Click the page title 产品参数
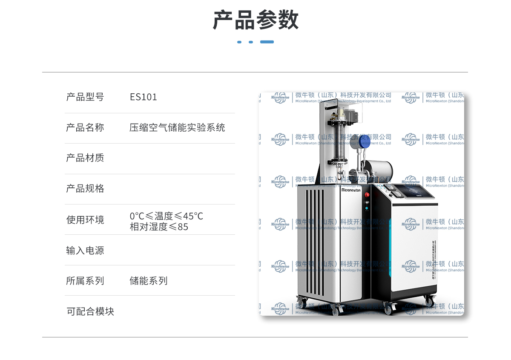pos(255,20)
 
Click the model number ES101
pos(144,97)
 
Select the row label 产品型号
pos(85,97)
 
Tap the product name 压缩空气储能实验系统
pos(177,127)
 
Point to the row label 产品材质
pos(85,158)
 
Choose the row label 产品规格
pos(85,189)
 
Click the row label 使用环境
pos(85,220)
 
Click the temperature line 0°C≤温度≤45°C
pos(166,216)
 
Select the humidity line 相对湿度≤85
pos(159,227)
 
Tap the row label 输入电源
pos(85,251)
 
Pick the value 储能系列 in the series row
pos(149,281)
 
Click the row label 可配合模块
pos(90,311)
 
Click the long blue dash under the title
pos(267,42)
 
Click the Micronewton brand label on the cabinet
pos(350,190)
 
